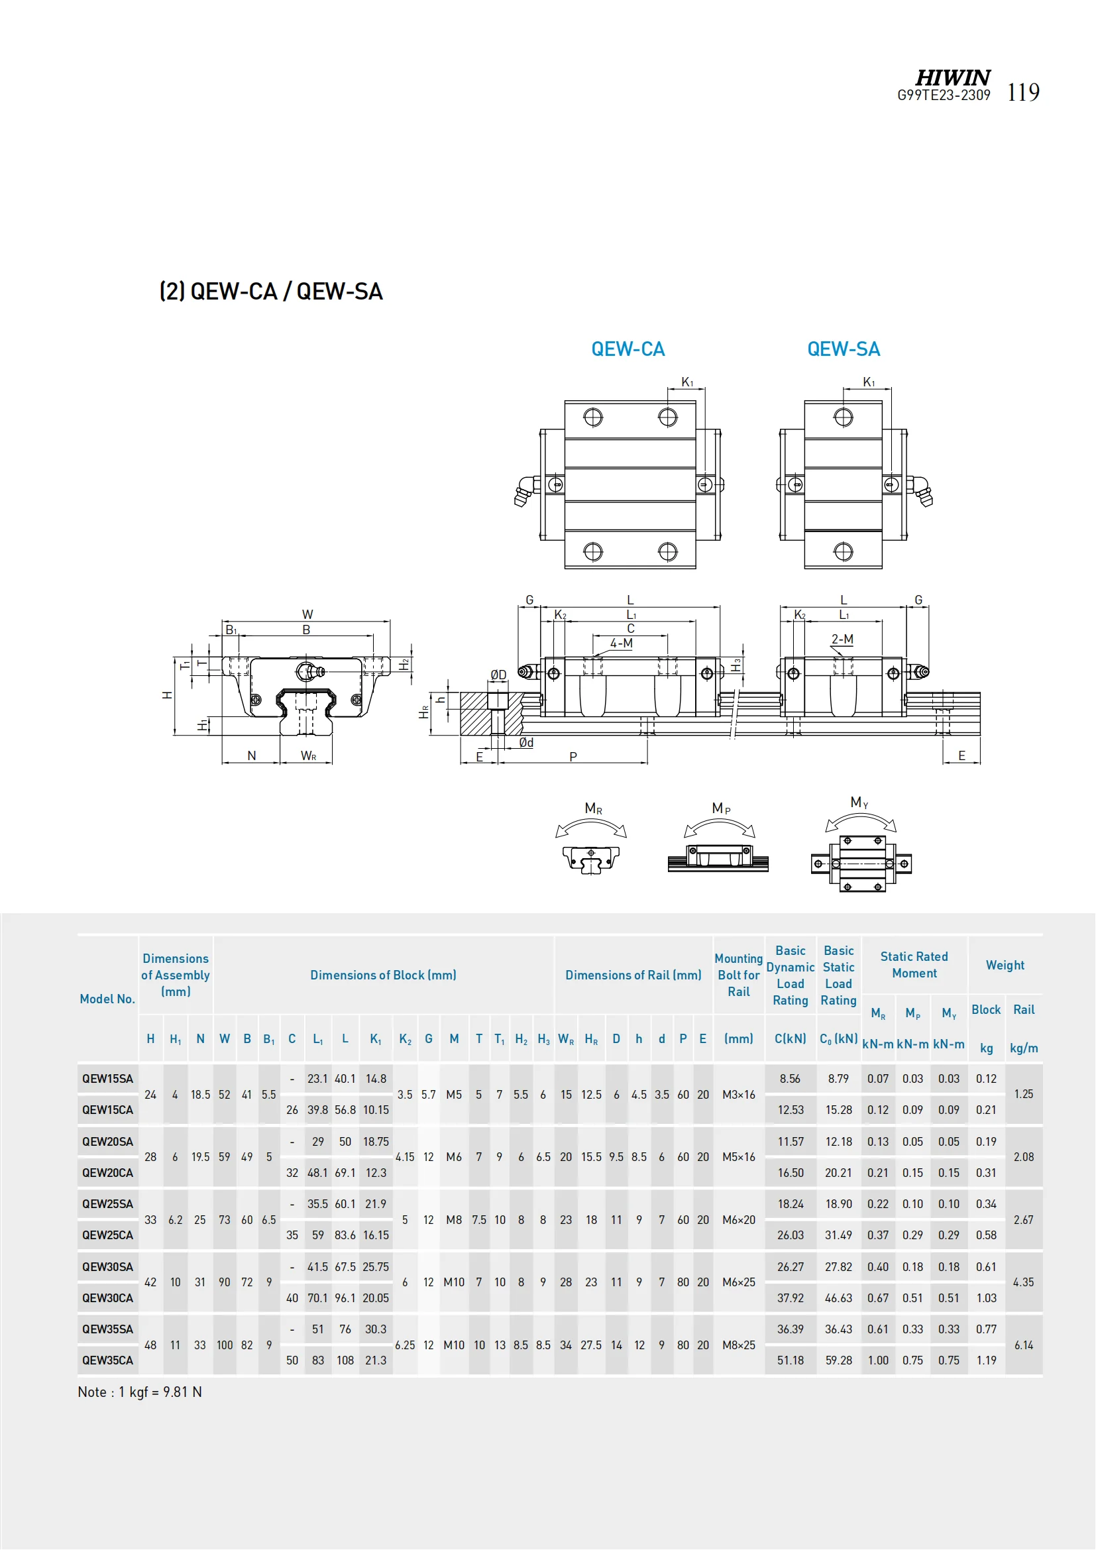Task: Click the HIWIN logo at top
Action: click(952, 78)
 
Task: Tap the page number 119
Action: click(1023, 93)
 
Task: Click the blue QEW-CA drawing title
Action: click(628, 349)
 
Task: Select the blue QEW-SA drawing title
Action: click(844, 349)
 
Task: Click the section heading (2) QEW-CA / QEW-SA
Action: click(270, 292)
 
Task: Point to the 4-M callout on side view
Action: click(621, 643)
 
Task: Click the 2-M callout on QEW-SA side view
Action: click(842, 639)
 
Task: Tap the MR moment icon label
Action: click(593, 808)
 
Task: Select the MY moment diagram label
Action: click(859, 802)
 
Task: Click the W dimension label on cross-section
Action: click(307, 614)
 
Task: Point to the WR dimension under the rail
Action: click(307, 756)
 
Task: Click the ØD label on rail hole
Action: click(498, 675)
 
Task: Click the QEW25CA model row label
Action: click(107, 1235)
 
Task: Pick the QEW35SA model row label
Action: click(107, 1329)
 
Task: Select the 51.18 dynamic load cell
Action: click(791, 1360)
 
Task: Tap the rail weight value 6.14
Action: click(1023, 1345)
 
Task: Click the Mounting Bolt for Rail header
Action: click(738, 975)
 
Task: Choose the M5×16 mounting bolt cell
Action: click(738, 1156)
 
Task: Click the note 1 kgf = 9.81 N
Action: click(140, 1392)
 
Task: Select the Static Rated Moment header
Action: click(914, 965)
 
